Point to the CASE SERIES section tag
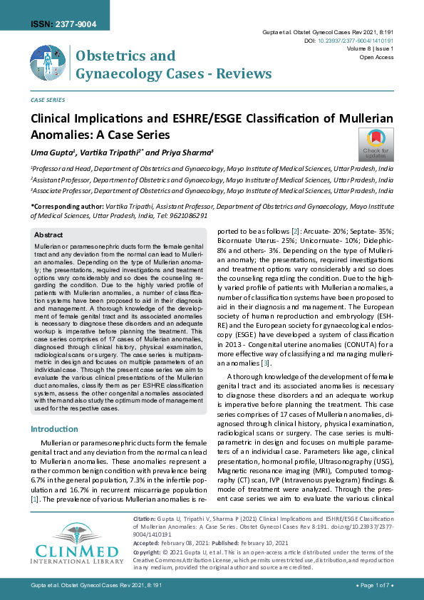pos(48,100)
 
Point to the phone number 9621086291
pos(189,215)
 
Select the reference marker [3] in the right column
pos(265,363)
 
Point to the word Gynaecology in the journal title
pos(115,73)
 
